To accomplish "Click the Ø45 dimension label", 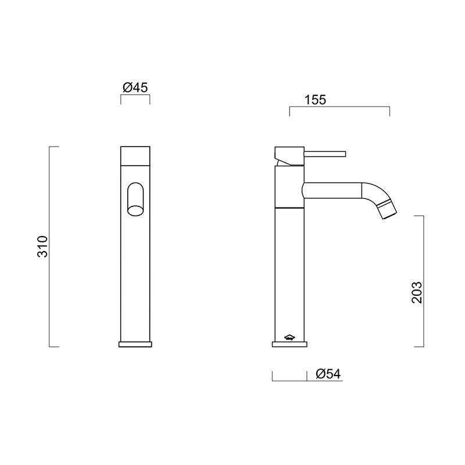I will (x=135, y=87).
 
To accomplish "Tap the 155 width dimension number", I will (x=316, y=99).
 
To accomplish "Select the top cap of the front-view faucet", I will (x=135, y=155).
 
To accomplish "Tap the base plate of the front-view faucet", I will (x=135, y=344).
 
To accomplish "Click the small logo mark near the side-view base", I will (x=289, y=336).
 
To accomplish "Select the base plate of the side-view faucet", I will (x=289, y=344).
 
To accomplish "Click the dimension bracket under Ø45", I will (x=135, y=97).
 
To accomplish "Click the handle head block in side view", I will (x=289, y=155).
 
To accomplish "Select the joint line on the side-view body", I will (x=289, y=207).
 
